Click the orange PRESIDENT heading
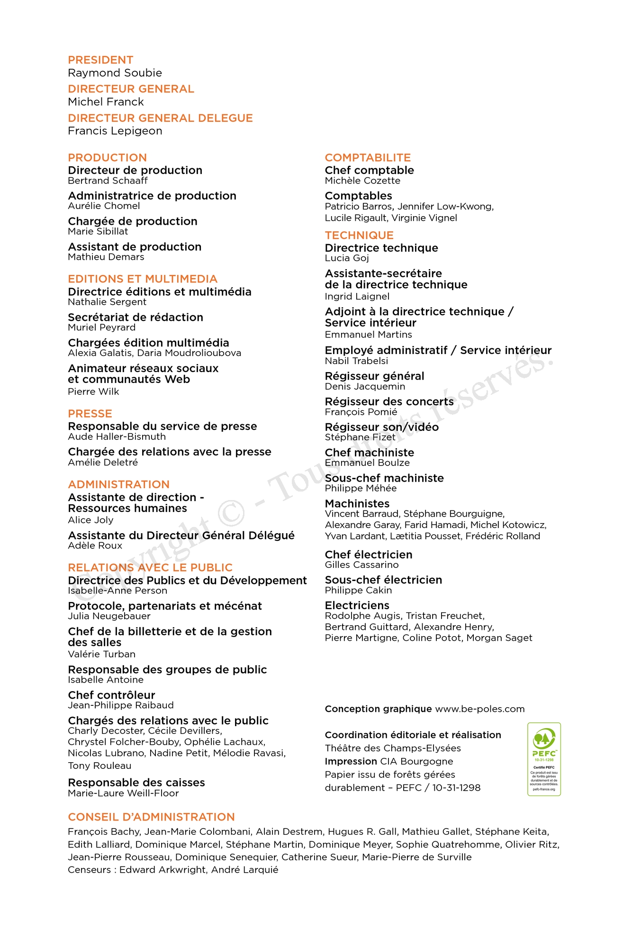[100, 60]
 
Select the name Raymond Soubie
[115, 73]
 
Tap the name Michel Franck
[106, 102]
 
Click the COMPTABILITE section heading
[368, 158]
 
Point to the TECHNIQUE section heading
[359, 236]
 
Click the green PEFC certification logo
[544, 759]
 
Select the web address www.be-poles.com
[479, 709]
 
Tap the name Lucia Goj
[347, 258]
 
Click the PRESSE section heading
[90, 414]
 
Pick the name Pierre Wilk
[93, 392]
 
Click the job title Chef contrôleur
[111, 695]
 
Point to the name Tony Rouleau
[99, 766]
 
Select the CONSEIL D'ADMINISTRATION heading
[151, 817]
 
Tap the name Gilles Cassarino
[361, 565]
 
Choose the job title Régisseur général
[374, 376]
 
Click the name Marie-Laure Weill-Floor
[123, 793]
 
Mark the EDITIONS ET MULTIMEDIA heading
[143, 279]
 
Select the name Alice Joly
[90, 520]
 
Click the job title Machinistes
[357, 504]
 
